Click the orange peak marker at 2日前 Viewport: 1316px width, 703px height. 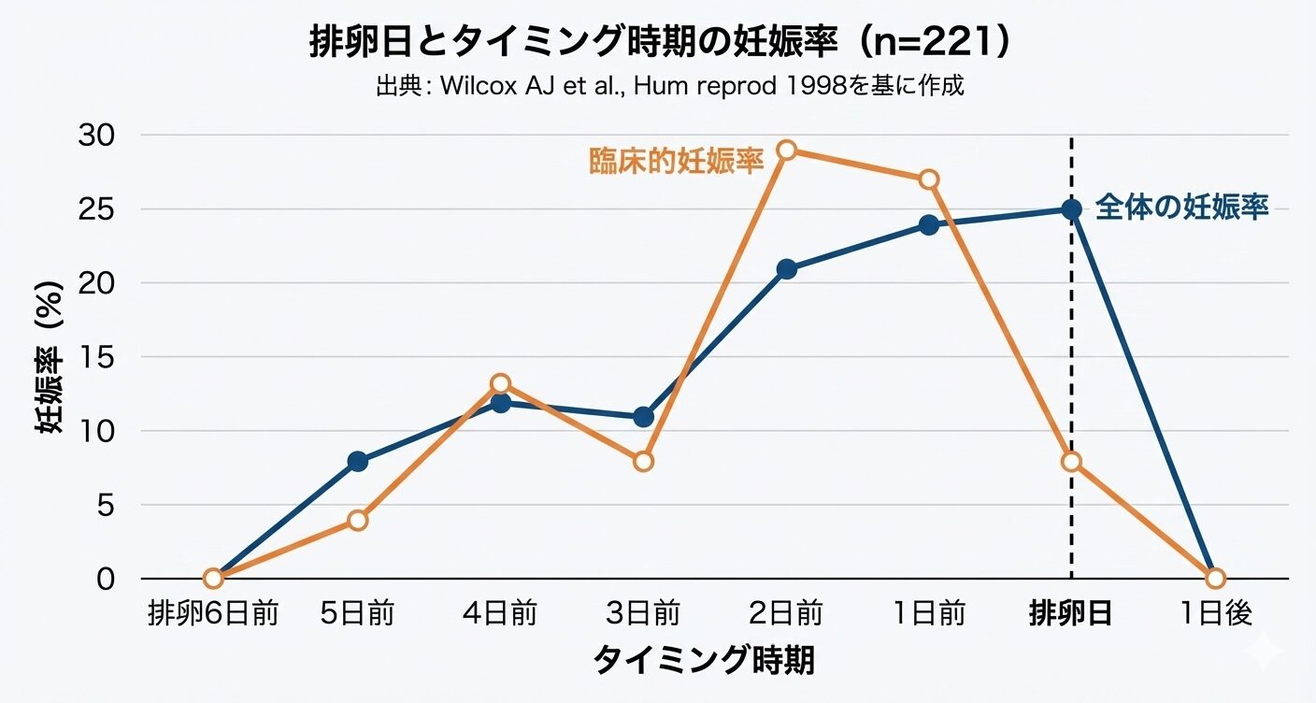(x=786, y=151)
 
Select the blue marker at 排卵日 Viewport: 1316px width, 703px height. (x=1071, y=209)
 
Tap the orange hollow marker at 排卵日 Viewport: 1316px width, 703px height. (x=1071, y=461)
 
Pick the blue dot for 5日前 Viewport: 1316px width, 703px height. (x=357, y=461)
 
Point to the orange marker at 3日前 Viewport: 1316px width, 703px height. (x=643, y=461)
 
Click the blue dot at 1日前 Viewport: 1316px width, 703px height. (x=928, y=224)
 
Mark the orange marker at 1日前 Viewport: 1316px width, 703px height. (x=928, y=179)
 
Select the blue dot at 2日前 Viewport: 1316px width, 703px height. (x=786, y=269)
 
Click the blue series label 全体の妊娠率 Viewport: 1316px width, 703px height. (x=1181, y=208)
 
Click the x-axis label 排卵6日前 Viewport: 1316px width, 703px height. (x=213, y=614)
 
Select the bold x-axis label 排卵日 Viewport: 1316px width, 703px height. (x=1071, y=614)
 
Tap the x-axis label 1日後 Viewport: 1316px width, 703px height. (x=1214, y=614)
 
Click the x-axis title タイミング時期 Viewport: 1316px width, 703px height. (x=703, y=660)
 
